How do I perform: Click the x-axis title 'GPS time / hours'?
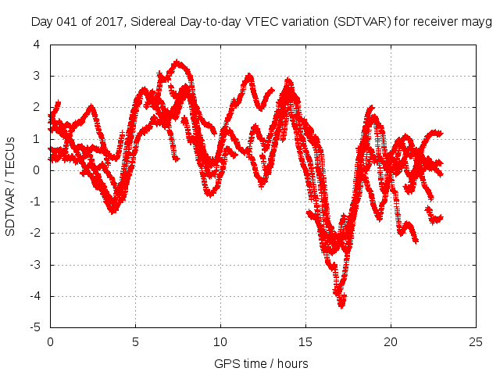261,363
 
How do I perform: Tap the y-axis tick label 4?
36,45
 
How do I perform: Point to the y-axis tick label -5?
34,327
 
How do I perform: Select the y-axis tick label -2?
34,233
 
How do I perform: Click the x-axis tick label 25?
476,342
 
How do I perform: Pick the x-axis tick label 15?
305,342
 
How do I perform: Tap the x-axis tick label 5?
135,342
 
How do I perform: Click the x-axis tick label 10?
220,342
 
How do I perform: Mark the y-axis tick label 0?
36,170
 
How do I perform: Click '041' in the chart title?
67,22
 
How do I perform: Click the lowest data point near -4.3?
341,305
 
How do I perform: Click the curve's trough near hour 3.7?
113,210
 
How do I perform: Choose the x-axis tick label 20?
391,342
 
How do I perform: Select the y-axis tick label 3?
36,76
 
